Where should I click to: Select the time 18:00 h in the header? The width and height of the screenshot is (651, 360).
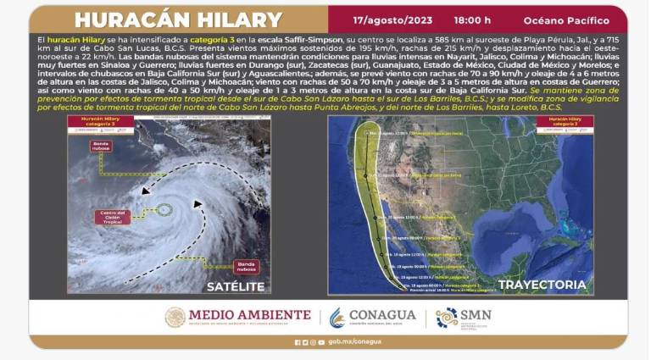470,19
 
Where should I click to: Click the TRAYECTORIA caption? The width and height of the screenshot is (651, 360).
542,285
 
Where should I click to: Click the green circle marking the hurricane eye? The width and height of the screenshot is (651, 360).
164,209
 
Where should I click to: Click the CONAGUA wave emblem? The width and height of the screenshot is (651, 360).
337,318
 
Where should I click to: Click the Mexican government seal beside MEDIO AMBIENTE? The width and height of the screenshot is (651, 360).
175,318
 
